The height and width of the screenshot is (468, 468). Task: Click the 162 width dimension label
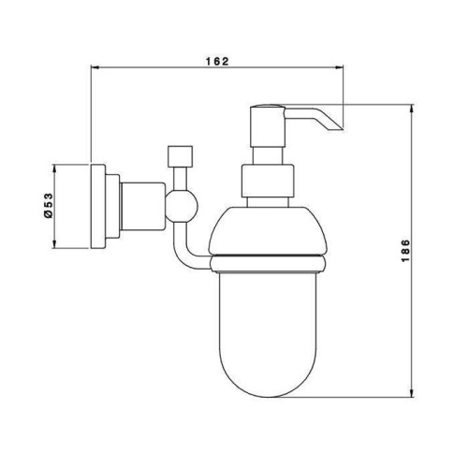217,61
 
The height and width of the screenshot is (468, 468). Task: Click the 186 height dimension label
404,251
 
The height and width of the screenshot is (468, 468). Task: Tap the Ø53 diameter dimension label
49,206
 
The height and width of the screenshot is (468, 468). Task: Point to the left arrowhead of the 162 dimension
95,66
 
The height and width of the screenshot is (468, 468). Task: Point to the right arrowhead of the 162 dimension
339,66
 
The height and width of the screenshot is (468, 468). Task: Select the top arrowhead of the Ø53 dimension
54,168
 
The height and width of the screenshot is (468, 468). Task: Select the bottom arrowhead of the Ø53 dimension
54,244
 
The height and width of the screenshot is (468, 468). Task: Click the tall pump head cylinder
268,126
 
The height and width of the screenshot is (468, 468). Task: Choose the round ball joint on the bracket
182,206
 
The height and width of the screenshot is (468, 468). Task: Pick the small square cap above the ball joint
180,156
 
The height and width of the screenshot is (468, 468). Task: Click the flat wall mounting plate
97,206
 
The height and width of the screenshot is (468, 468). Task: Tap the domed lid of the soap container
269,230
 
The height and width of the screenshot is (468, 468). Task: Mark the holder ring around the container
269,264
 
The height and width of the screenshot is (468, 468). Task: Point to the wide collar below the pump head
268,181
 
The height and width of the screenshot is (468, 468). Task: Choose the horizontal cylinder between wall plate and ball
142,206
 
